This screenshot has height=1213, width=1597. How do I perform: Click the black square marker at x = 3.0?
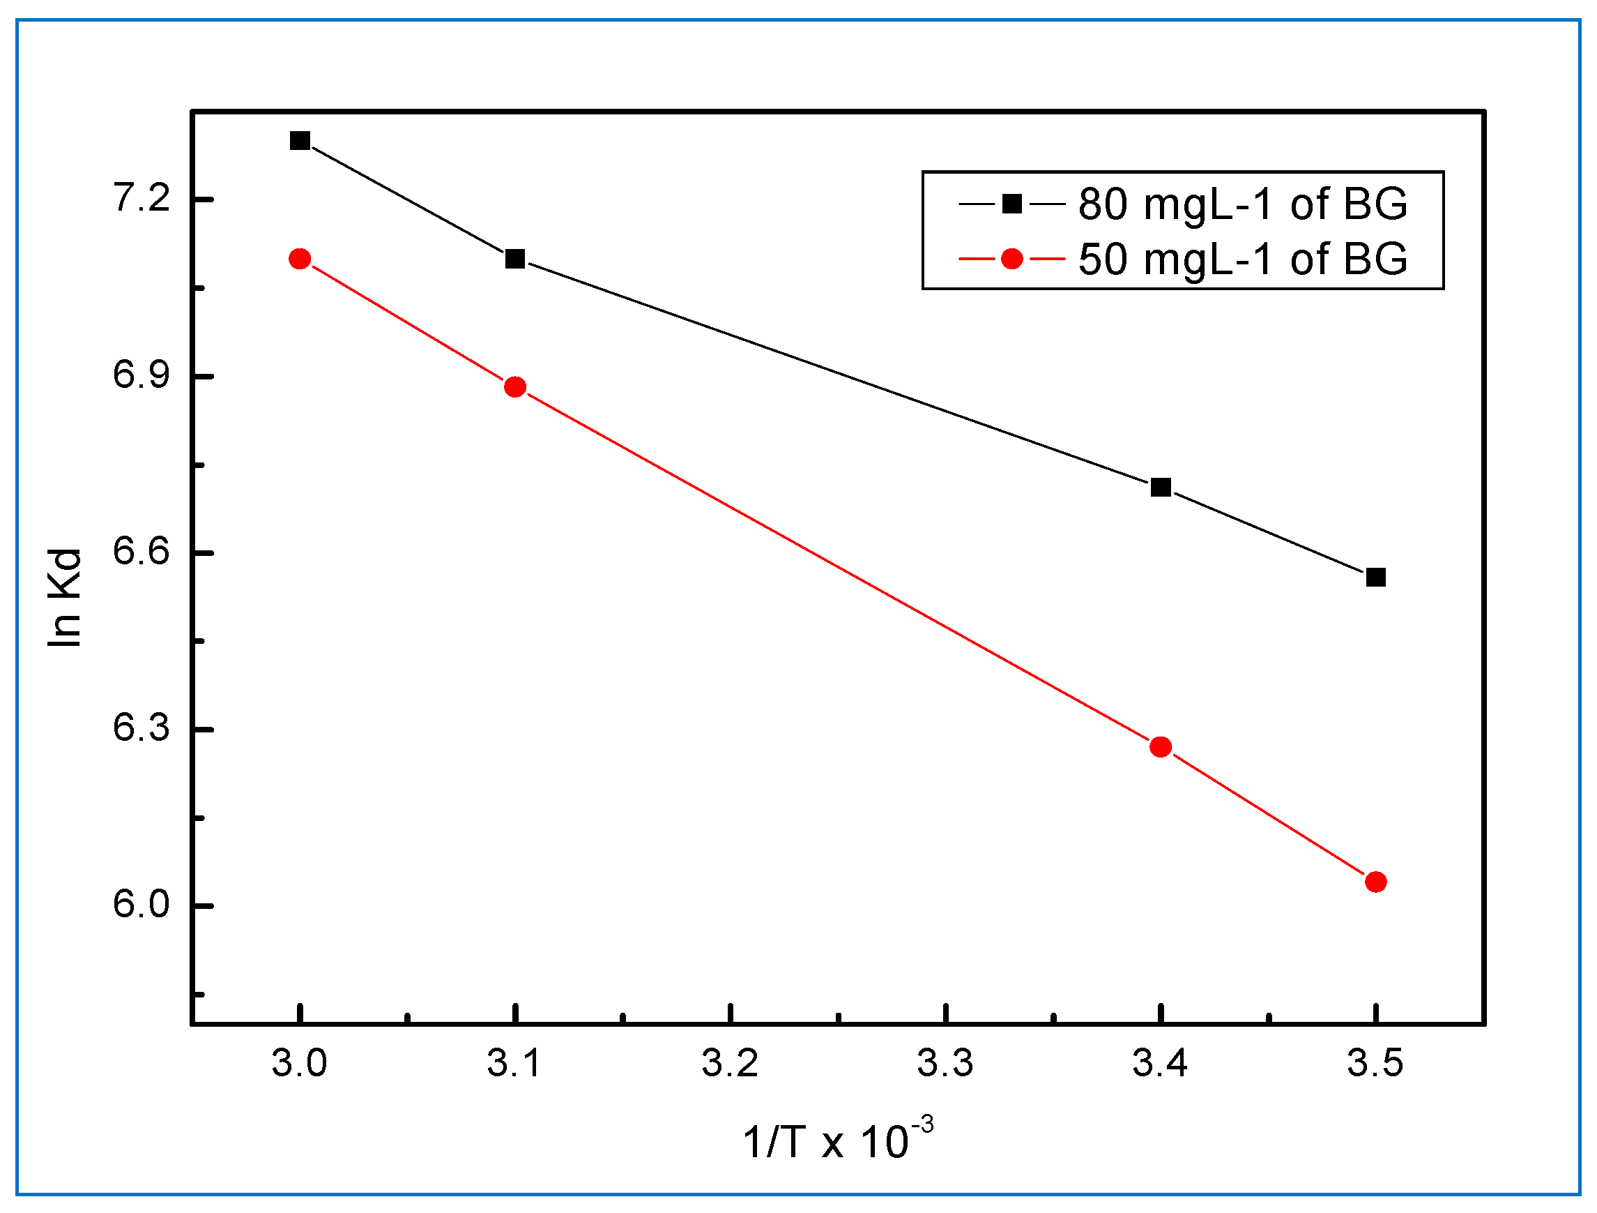(x=300, y=140)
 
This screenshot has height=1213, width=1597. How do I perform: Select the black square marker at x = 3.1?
(x=514, y=259)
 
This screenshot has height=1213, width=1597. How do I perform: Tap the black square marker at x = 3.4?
(x=1160, y=487)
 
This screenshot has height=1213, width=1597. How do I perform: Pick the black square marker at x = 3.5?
(x=1375, y=578)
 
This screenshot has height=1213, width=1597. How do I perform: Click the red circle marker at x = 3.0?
(x=300, y=259)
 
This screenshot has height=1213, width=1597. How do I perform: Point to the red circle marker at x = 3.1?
(x=514, y=387)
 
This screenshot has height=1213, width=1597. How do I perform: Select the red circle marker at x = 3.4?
(x=1160, y=746)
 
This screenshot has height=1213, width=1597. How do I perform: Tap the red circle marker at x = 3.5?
(x=1375, y=882)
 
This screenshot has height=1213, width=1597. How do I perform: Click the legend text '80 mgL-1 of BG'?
(x=1242, y=204)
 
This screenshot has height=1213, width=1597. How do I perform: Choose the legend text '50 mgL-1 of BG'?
(x=1242, y=259)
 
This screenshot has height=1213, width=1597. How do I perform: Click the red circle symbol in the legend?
(x=1012, y=259)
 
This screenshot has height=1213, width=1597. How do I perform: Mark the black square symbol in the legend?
(x=1012, y=204)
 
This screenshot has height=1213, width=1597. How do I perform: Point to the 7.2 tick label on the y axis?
(x=142, y=197)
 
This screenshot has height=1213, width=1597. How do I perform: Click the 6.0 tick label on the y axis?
(x=142, y=905)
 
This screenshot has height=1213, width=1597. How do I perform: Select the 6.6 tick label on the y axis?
(x=142, y=552)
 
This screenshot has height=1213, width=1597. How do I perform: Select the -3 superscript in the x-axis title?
(x=922, y=1126)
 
